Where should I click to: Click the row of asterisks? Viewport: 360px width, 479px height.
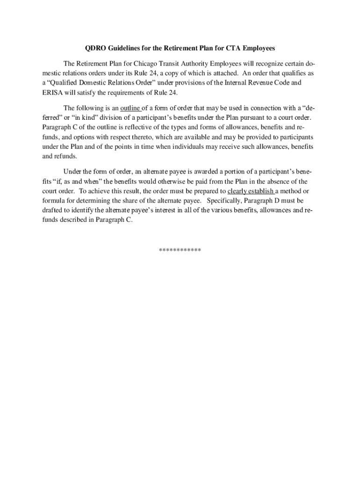point(180,250)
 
